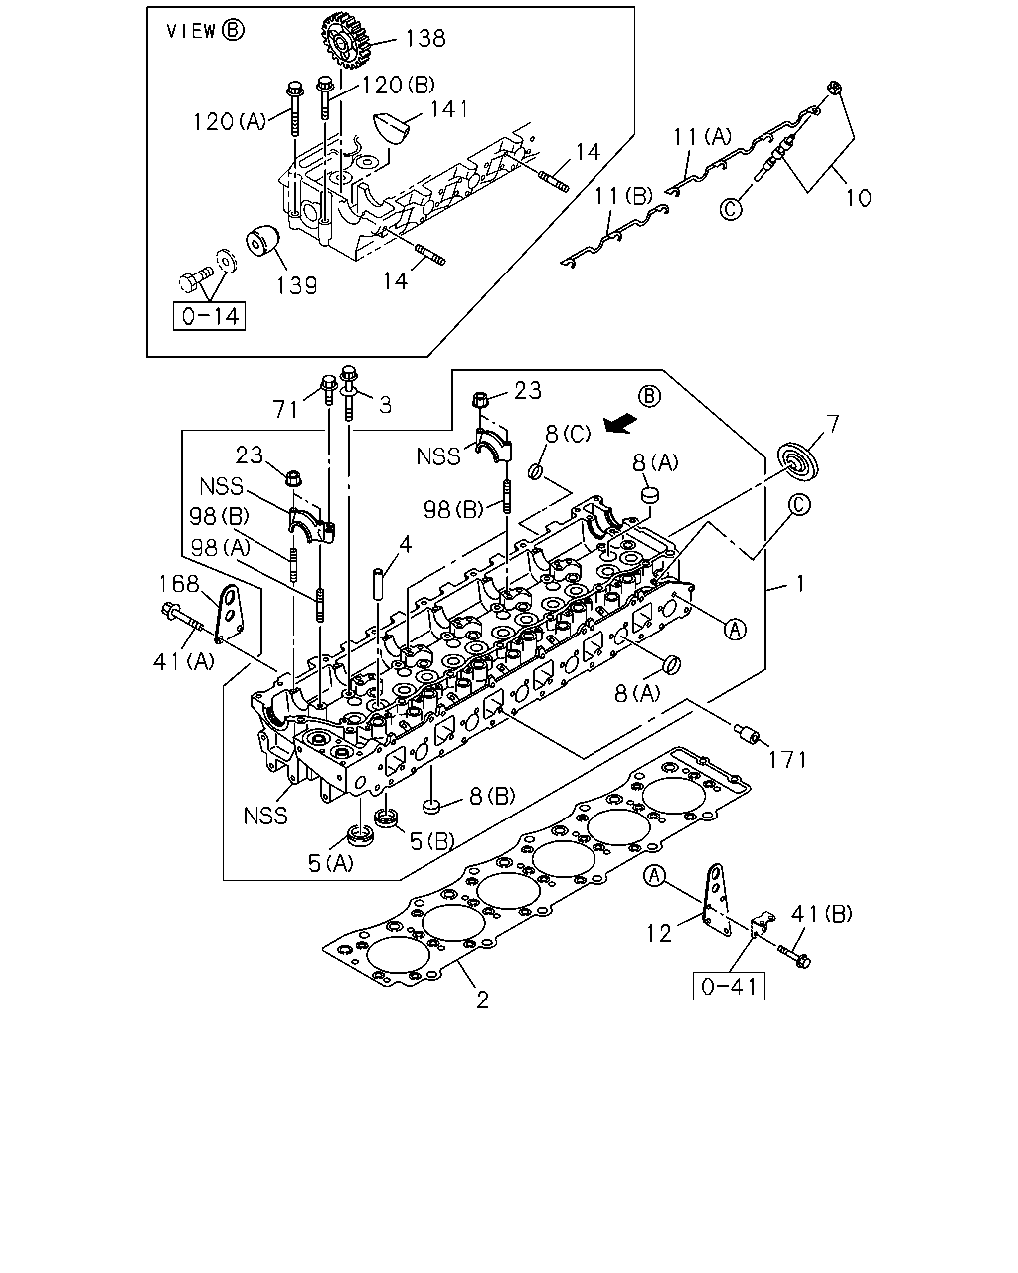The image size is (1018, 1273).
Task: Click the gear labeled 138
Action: coord(346,42)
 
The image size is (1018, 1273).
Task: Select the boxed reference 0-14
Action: coord(209,316)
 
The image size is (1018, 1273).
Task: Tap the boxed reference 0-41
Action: coord(729,987)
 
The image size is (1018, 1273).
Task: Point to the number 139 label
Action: coord(297,285)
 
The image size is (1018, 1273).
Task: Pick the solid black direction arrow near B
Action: coord(620,423)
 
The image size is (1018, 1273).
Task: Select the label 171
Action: coord(787,759)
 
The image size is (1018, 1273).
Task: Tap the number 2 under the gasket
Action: coord(483,1000)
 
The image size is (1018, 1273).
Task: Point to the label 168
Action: coord(179,584)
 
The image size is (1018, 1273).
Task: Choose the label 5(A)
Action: coord(330,863)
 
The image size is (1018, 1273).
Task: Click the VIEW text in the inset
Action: coord(191,31)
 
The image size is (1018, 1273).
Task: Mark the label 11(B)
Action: coord(623,195)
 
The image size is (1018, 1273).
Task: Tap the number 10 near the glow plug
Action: coord(858,198)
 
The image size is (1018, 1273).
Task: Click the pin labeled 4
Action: coord(379,583)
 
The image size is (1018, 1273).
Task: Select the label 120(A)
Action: coord(229,122)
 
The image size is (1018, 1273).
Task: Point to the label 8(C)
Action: coord(568,434)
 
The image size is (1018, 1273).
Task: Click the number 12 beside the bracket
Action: coord(659,933)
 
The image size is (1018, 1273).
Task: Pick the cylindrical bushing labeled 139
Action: coord(262,240)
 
